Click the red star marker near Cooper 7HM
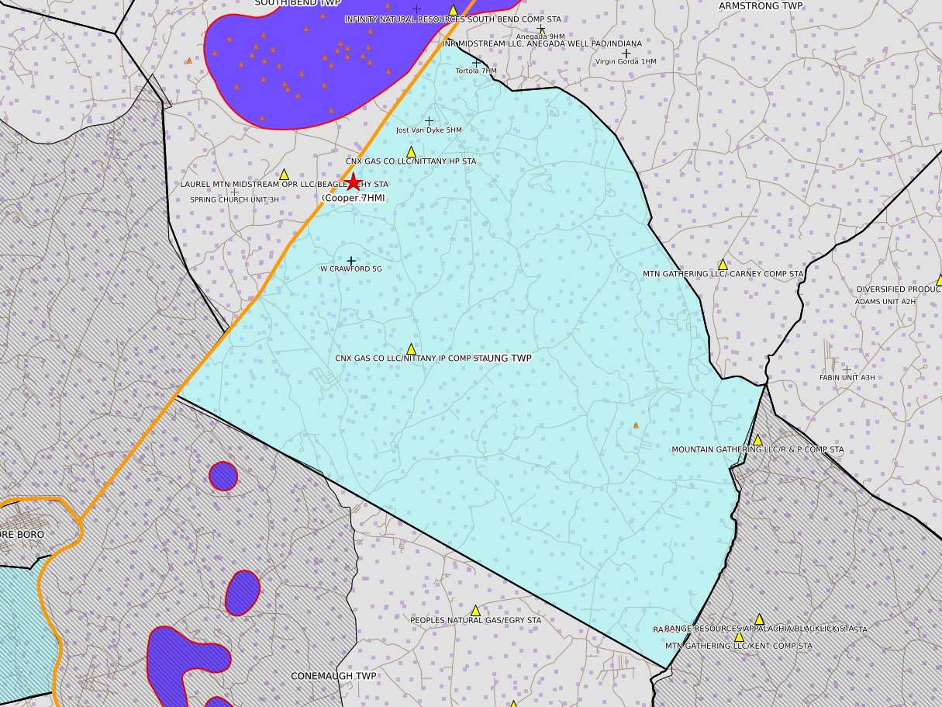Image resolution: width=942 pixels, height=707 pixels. [x=353, y=182]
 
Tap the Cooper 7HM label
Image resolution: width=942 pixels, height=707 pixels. [x=354, y=198]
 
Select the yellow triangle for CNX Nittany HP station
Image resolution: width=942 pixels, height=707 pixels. [x=411, y=152]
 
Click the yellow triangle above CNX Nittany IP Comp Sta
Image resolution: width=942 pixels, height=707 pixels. [x=411, y=349]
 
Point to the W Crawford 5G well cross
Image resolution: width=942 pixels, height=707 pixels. [x=351, y=261]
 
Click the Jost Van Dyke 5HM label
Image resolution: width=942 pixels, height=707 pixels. [x=429, y=130]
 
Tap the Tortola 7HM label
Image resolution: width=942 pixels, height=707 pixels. [x=476, y=71]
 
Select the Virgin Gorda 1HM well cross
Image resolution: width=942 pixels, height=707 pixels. [x=626, y=54]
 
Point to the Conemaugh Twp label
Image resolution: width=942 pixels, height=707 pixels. [x=333, y=676]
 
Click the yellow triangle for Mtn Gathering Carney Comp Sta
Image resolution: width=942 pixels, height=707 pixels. [x=723, y=265]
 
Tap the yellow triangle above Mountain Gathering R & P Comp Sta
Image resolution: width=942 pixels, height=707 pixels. [x=757, y=440]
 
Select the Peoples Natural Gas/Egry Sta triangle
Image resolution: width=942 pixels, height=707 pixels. [x=475, y=611]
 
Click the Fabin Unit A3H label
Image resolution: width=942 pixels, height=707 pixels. [x=847, y=378]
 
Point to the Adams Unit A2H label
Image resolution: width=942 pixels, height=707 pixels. [x=885, y=301]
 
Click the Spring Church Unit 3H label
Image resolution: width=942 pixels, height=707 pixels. [x=234, y=199]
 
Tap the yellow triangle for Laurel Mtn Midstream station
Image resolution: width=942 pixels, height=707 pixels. [x=284, y=175]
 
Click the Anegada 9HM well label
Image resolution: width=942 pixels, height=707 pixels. [x=540, y=36]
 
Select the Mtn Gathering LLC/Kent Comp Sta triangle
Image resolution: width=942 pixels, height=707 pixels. [x=739, y=636]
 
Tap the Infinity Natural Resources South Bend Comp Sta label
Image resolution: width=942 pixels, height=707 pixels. [x=453, y=19]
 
